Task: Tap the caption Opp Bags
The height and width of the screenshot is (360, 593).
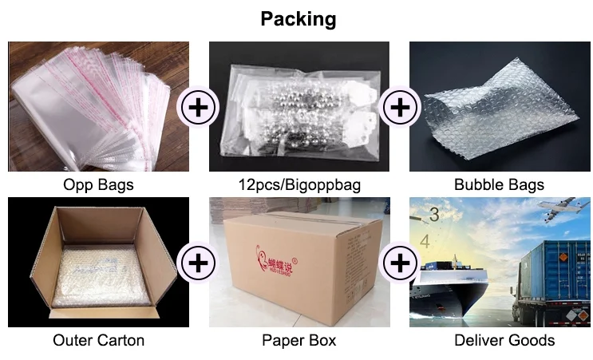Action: tap(98, 185)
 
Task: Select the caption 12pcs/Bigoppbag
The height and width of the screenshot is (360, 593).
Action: tap(299, 185)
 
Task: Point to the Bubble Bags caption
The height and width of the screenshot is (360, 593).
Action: tap(499, 185)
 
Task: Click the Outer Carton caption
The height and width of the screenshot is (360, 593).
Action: tap(98, 341)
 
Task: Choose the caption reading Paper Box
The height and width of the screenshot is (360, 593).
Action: tap(299, 341)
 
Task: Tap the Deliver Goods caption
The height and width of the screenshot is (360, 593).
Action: tap(504, 341)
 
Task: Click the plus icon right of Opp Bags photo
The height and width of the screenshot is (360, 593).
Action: tap(199, 107)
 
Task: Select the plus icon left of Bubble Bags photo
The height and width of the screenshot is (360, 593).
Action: tap(400, 107)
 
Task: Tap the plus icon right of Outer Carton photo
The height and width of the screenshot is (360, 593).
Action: tap(199, 262)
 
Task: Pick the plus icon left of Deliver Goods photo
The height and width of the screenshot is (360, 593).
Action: tap(400, 262)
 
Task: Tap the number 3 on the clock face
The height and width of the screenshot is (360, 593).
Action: tap(435, 214)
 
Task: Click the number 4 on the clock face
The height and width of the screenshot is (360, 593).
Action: tap(425, 240)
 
